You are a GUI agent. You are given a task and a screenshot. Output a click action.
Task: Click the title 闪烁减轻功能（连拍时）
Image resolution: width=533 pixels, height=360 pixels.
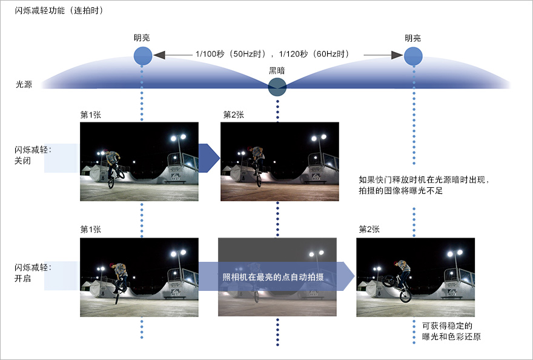(59, 10)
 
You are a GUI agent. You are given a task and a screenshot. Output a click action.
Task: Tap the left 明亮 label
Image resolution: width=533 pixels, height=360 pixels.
(142, 38)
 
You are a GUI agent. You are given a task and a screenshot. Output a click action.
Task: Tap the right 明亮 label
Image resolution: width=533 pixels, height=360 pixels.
(412, 38)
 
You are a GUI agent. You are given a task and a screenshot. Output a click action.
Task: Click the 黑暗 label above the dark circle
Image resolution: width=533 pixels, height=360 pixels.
(277, 70)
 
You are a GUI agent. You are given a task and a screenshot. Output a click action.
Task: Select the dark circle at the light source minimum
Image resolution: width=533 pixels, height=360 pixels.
(277, 87)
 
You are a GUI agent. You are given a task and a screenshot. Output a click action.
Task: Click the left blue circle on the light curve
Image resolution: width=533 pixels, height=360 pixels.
(143, 56)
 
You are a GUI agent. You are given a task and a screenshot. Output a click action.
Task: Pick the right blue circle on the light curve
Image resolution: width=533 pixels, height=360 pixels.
(413, 56)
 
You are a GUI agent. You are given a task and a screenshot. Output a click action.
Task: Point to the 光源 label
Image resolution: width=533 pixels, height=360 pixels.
(24, 84)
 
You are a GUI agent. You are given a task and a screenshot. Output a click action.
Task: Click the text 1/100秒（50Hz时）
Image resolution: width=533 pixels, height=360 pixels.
(231, 54)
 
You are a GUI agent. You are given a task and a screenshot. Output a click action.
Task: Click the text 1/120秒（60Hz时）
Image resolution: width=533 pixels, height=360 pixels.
(314, 54)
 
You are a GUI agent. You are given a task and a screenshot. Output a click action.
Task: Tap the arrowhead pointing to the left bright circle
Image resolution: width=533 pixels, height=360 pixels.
(159, 55)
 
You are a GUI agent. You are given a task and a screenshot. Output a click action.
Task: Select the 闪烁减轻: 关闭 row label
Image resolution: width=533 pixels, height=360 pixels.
(33, 155)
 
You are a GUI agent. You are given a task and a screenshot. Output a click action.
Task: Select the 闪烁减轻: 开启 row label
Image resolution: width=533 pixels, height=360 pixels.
(33, 273)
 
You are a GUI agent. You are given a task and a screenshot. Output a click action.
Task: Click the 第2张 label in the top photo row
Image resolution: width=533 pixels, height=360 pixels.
(234, 115)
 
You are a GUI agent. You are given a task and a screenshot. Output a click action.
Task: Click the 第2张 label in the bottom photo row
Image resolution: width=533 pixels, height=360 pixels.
(369, 229)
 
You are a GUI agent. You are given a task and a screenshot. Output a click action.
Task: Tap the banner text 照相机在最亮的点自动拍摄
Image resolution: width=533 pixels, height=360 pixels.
(273, 277)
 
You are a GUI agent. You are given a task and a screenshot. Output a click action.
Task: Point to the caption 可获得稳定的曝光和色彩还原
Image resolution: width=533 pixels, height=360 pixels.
(451, 331)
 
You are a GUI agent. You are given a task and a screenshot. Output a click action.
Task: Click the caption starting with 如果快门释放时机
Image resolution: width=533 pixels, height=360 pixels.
(424, 185)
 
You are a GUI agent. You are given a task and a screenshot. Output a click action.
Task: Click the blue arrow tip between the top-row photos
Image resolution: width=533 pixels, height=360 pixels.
(220, 158)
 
